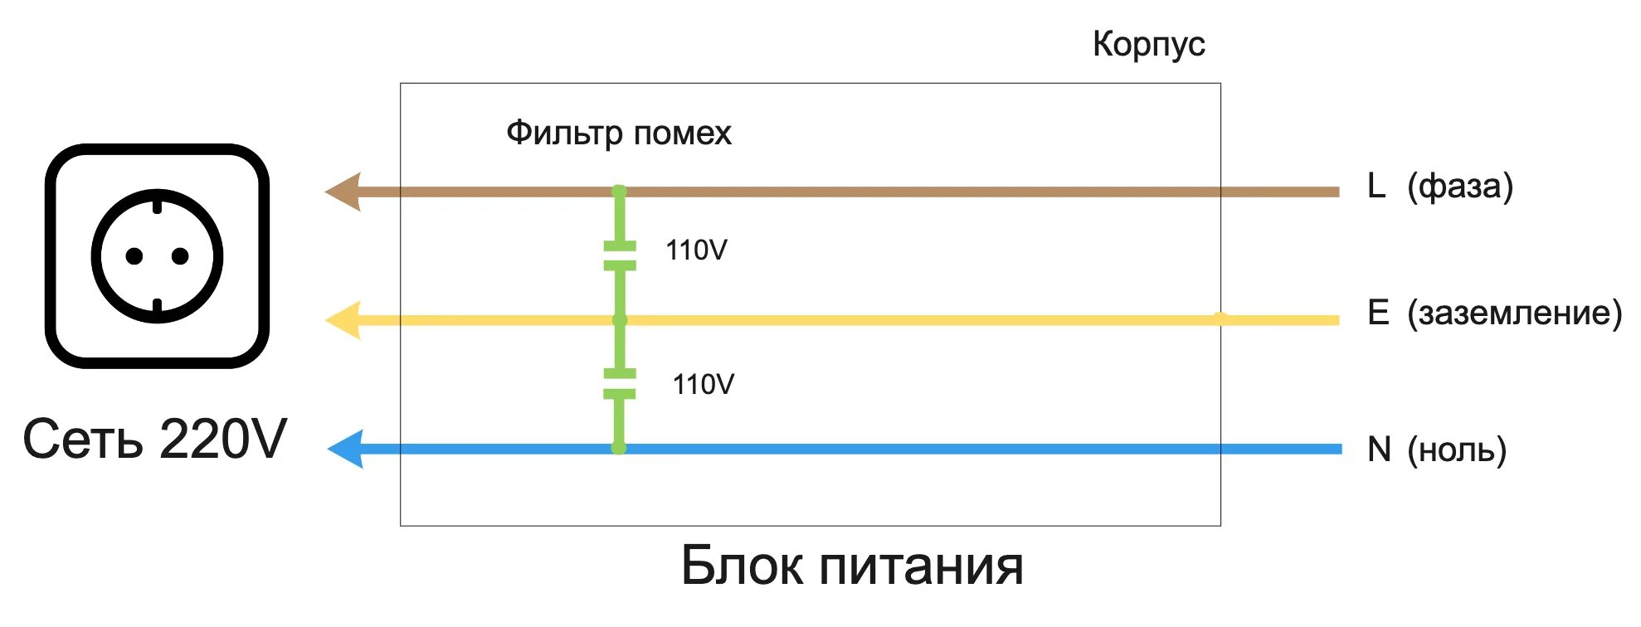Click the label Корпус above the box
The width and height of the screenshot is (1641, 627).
coord(1148,44)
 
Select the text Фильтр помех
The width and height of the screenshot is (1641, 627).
coord(618,133)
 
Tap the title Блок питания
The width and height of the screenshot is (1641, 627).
coord(852,566)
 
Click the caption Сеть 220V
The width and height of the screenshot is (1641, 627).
coord(154,439)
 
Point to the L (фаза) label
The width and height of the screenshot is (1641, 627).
coord(1439,186)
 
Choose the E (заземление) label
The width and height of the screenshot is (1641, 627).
coord(1494,313)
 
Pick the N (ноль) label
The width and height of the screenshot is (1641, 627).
coord(1436,450)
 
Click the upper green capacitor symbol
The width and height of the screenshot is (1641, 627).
coord(620,255)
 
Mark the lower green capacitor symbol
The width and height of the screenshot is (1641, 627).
coord(620,384)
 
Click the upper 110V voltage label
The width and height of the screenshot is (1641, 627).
coord(696,250)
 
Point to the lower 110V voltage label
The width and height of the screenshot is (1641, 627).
coord(703,385)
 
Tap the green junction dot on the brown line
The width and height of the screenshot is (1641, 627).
coord(619,192)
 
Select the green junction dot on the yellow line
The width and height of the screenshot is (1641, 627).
coord(620,320)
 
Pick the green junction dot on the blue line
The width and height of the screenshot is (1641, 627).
coord(618,448)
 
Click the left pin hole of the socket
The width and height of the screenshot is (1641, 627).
coord(134,256)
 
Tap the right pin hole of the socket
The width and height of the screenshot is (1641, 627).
coord(180,256)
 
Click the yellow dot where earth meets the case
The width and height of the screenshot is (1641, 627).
coord(1220,318)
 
